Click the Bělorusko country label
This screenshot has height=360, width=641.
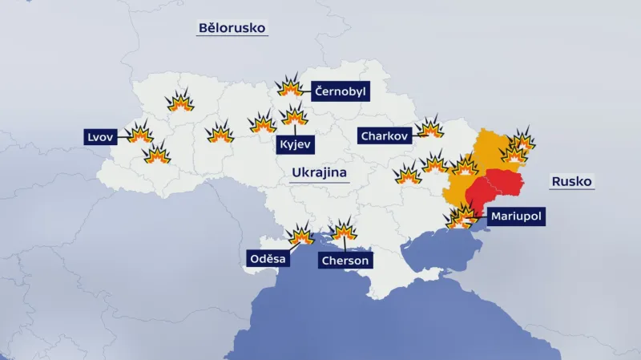pyautogui.click(x=232, y=29)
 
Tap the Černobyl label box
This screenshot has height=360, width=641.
pyautogui.click(x=340, y=91)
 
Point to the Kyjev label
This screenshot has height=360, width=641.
pyautogui.click(x=295, y=145)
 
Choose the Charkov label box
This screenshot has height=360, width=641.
pyautogui.click(x=385, y=136)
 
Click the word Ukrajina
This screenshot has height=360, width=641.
pyautogui.click(x=319, y=173)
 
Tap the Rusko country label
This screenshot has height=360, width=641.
pyautogui.click(x=571, y=182)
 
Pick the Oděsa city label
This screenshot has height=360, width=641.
pyautogui.click(x=268, y=258)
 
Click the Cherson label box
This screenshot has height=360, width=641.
pyautogui.click(x=345, y=261)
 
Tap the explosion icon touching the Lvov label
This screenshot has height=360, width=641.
pyautogui.click(x=140, y=133)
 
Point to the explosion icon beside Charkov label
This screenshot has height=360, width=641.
pyautogui.click(x=430, y=127)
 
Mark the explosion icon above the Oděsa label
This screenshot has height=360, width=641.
pyautogui.click(x=301, y=234)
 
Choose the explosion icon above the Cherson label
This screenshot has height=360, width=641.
pyautogui.click(x=345, y=231)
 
